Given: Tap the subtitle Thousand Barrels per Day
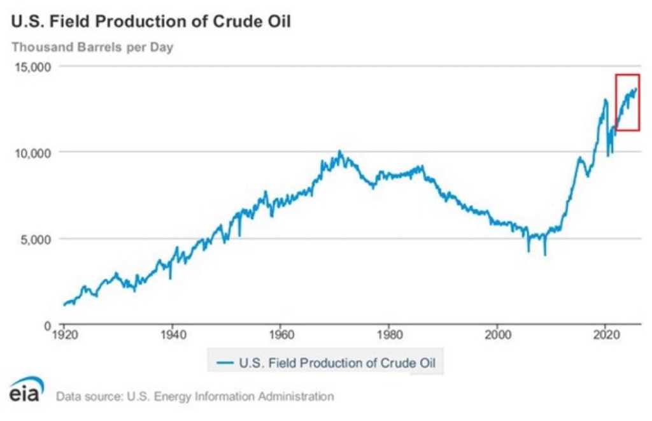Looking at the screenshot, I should tap(93, 46).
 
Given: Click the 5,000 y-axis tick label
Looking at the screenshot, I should tap(43, 239).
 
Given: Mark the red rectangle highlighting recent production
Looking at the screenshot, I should tap(627, 103).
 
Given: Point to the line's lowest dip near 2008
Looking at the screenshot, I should tap(545, 254).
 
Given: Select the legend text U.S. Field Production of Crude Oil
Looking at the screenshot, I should tap(340, 364).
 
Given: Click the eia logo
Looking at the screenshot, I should tap(27, 390).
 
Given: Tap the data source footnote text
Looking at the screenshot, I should tap(195, 396).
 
